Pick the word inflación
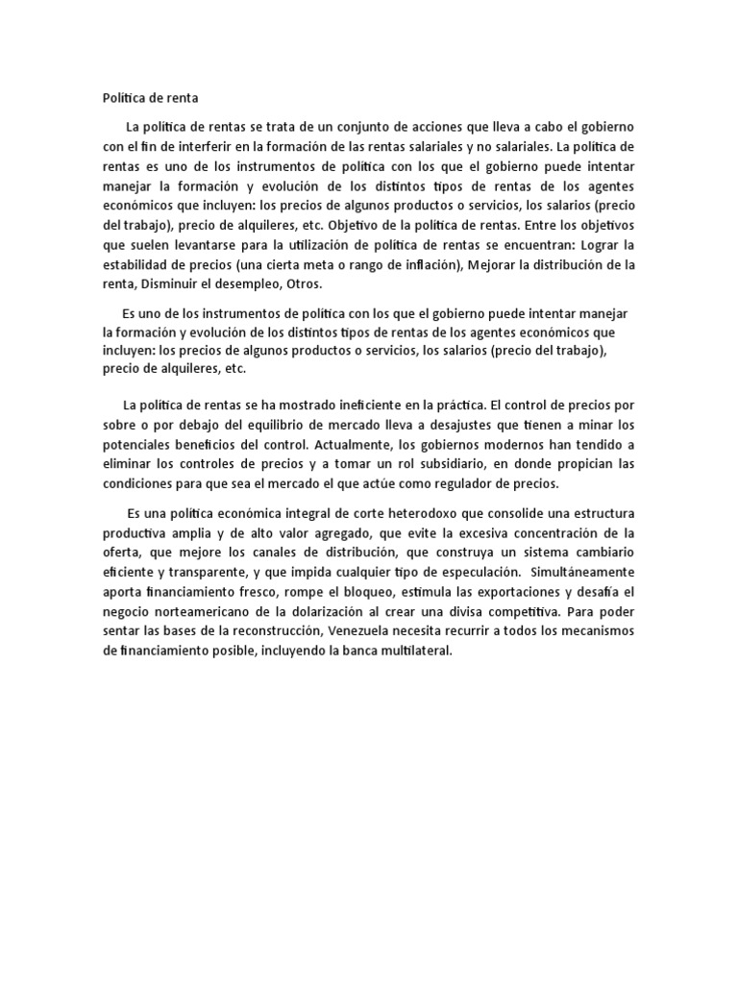(421, 265)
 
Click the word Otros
(301, 283)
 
